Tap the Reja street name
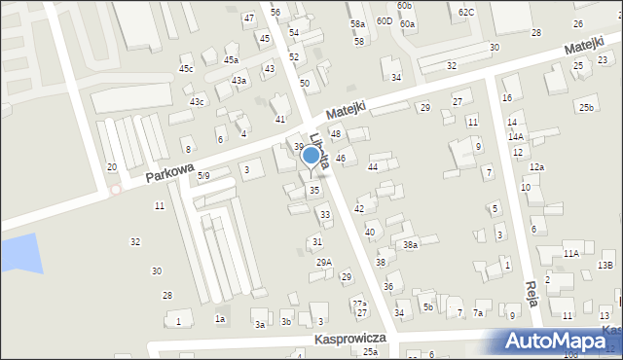click(531, 292)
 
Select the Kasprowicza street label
click(350, 338)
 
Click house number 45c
click(186, 68)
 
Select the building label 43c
click(198, 102)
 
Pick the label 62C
click(466, 12)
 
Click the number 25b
click(586, 107)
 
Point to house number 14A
click(515, 137)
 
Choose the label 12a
click(537, 167)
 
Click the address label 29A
click(324, 262)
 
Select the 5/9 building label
click(203, 176)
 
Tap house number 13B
click(605, 265)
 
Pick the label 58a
click(357, 23)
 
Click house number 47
click(249, 18)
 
